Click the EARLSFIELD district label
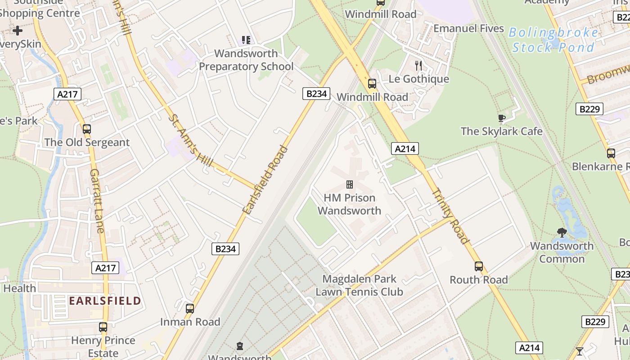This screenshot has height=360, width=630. point(105,300)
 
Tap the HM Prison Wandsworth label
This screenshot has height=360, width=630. point(350,204)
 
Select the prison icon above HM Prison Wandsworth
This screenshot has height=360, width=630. point(349,184)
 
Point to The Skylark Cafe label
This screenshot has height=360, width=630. point(501,131)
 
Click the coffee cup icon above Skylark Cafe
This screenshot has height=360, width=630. point(501,118)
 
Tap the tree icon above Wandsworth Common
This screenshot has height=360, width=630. point(562,233)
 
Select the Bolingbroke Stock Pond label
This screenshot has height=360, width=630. point(553,40)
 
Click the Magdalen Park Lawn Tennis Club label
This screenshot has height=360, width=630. point(359,285)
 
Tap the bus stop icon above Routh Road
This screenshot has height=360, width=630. point(479,266)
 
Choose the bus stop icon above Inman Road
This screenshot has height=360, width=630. point(190,309)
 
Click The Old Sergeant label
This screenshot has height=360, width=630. point(87,143)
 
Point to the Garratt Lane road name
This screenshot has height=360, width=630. point(97,201)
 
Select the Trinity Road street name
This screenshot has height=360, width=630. point(450,216)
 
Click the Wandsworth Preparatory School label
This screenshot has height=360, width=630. point(246,60)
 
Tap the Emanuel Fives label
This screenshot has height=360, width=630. point(468,28)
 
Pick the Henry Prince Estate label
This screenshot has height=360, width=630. point(103,346)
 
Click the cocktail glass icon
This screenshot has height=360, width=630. point(580,351)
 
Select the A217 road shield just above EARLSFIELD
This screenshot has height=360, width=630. point(105,268)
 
